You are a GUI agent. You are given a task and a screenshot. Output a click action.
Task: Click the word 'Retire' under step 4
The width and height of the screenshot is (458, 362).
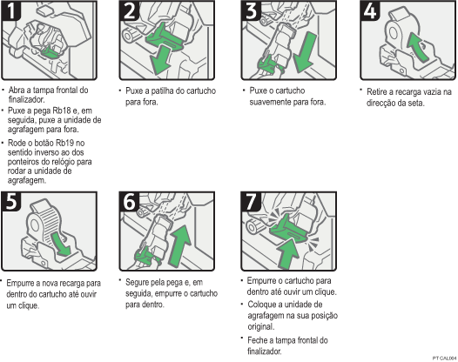[x=376, y=90]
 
